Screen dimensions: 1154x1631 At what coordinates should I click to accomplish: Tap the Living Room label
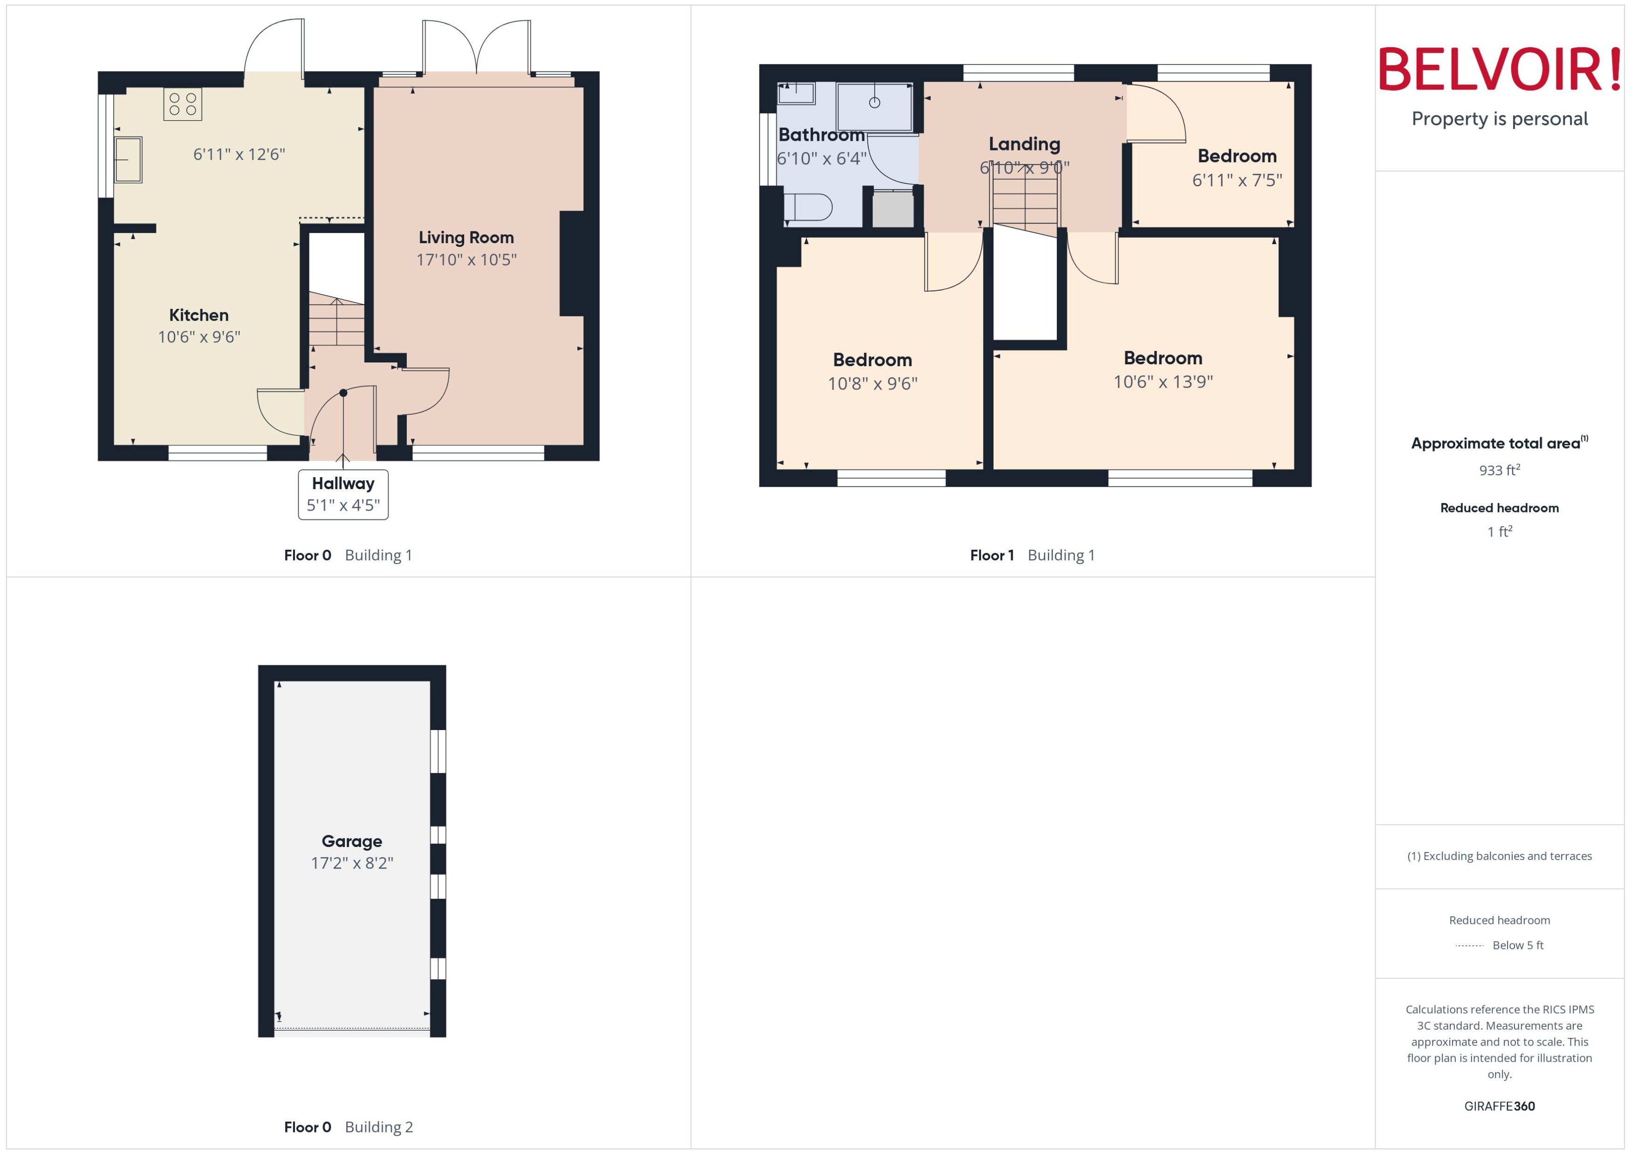point(466,237)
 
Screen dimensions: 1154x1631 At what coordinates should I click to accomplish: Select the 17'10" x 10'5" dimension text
point(466,260)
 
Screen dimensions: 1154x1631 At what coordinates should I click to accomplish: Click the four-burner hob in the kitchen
point(183,104)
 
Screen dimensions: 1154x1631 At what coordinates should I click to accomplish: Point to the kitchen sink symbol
point(128,160)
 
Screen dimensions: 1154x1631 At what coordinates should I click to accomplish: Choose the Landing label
point(1024,144)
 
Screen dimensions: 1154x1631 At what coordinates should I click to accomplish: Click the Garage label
point(352,841)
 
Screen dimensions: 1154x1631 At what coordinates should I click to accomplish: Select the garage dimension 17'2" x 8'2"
point(352,863)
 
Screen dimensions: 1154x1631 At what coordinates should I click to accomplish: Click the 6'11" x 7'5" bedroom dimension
point(1237,180)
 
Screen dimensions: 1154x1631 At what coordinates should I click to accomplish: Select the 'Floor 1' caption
point(991,556)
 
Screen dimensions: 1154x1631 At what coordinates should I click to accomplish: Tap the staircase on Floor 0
point(336,323)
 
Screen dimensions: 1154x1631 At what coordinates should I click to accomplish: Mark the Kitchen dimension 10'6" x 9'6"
point(199,337)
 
